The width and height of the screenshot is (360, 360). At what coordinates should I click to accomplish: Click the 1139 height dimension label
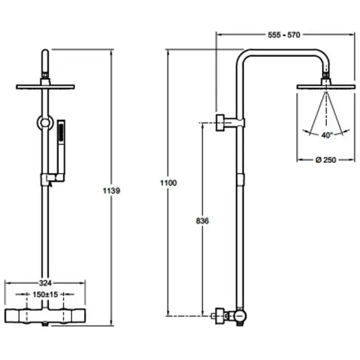click(x=112, y=191)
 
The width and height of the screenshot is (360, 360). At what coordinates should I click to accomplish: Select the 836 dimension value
click(x=202, y=221)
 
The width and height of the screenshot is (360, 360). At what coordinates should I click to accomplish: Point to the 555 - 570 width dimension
click(x=284, y=35)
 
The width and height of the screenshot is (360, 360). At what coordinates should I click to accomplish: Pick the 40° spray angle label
click(x=326, y=135)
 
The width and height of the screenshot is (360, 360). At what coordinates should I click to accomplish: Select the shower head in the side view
click(x=327, y=88)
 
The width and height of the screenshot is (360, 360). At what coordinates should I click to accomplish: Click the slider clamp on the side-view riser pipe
click(x=240, y=179)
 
